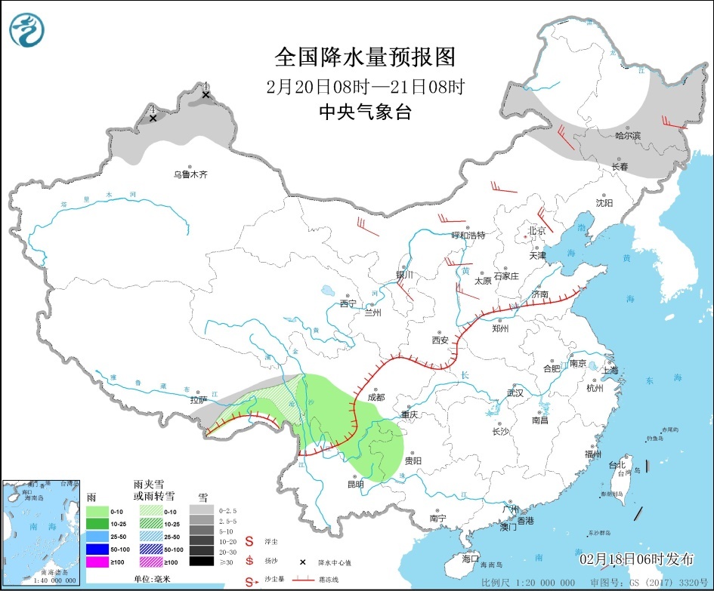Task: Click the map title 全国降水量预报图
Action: coord(365,57)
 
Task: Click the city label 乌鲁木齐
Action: coord(190,174)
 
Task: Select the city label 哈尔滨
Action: coord(627,136)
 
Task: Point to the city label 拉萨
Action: coord(198,400)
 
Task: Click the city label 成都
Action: coord(376,397)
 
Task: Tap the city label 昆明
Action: coord(355,484)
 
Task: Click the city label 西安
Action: coord(440,340)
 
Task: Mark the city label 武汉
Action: coord(515,393)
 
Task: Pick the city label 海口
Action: coord(471,559)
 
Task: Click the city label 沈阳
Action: coord(604,203)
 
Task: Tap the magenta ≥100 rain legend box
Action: coord(96,561)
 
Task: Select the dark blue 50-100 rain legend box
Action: coord(96,549)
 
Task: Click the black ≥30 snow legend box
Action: coord(200,561)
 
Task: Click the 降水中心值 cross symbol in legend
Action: coord(302,562)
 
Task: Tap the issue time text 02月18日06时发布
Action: coord(636,559)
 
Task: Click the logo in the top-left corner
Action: coord(27,29)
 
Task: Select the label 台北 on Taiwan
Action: coord(617,465)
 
